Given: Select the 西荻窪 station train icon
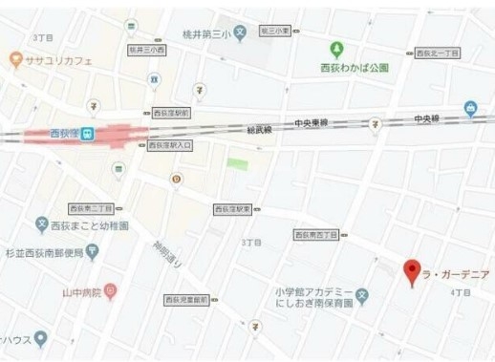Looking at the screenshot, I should point(88,133).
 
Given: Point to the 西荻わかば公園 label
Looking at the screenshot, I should point(355,68).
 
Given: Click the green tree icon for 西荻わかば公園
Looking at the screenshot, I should point(336,50).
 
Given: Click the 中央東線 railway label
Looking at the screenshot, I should point(311,123).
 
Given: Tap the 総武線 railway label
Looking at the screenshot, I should point(259,129).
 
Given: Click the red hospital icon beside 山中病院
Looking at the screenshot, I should point(110,289).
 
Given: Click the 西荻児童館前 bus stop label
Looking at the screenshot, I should point(187,300).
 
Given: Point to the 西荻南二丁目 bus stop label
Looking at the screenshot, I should point(90,207).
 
